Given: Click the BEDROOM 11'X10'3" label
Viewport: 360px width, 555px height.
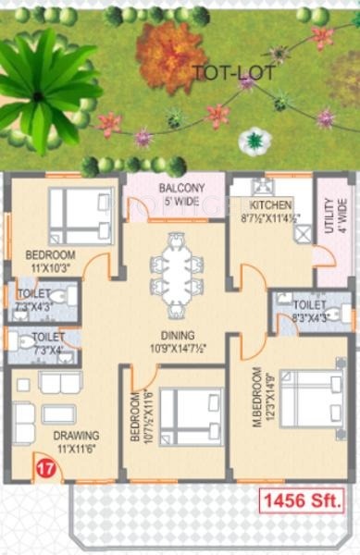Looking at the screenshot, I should (x=45, y=259).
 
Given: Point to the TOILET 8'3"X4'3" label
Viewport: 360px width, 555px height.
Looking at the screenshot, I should (x=307, y=310).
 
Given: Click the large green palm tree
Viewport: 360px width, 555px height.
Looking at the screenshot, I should (x=42, y=83).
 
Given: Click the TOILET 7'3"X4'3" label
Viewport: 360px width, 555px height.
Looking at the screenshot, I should (x=34, y=298).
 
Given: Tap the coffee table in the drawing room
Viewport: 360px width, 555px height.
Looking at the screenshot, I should (x=60, y=413).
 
